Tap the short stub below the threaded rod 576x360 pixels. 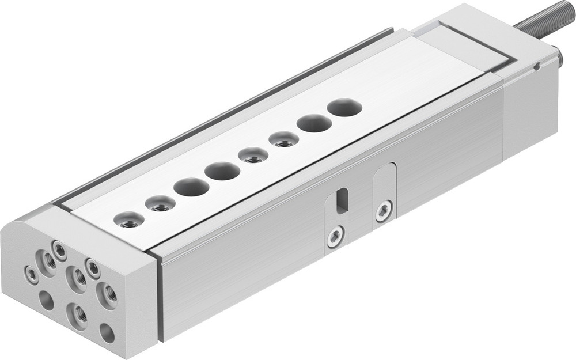click(556, 58)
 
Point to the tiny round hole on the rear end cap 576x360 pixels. click(536, 66)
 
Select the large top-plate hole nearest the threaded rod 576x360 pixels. click(344, 108)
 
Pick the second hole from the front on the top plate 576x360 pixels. click(160, 203)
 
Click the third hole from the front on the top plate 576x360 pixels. click(191, 187)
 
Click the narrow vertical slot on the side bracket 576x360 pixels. click(342, 200)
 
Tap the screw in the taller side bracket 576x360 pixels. click(384, 211)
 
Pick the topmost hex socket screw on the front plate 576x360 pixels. click(59, 249)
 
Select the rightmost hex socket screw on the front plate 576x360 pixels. click(93, 267)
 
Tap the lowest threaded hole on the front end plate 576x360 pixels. click(78, 314)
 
